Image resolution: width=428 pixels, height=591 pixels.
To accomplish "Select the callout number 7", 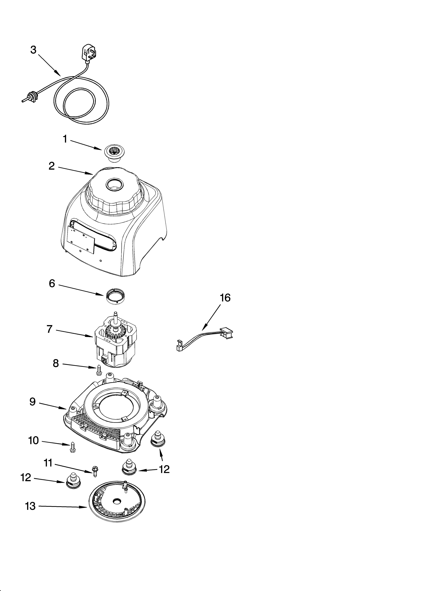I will click(49, 329).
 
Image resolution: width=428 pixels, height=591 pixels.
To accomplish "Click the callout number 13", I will click(30, 506).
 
